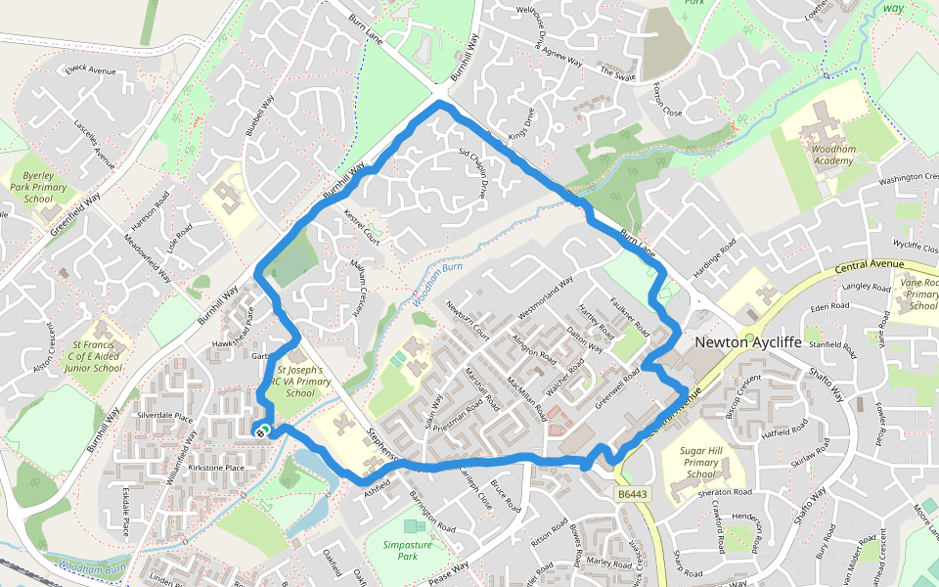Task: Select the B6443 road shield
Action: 633,495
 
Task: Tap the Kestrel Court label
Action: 361,227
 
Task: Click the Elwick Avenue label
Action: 89,70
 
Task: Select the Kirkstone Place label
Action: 215,469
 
